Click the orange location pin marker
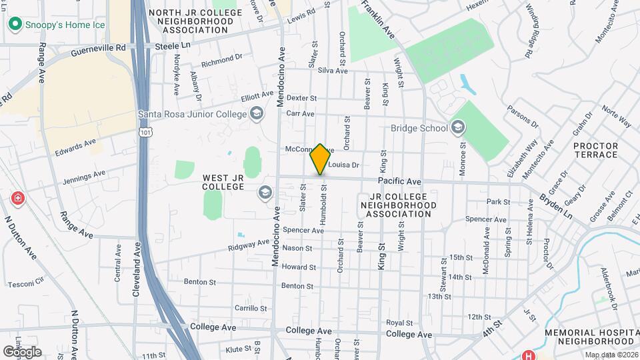point(320,159)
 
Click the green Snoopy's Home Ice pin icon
point(14,25)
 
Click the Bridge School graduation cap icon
point(458,127)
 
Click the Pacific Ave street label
point(399,181)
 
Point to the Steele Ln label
point(173,47)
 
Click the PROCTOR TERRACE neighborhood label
point(595,150)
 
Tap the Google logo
point(23,351)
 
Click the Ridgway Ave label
point(247,245)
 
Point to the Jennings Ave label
point(84,177)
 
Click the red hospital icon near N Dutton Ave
point(17,199)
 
